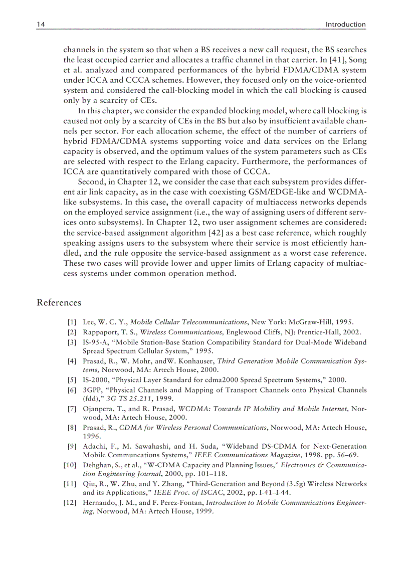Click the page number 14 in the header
coord(41,24)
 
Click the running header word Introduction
coord(345,24)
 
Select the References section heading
coord(58,302)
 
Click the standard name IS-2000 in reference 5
coord(95,380)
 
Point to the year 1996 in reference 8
coord(91,437)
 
